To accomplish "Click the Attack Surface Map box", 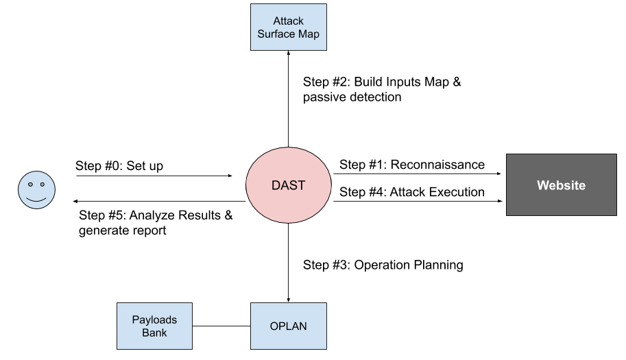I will tap(288, 27).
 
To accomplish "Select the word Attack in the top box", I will tap(288, 21).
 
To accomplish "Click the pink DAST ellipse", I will tap(288, 184).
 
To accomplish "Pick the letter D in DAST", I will tap(276, 185).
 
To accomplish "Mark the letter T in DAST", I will tap(301, 185).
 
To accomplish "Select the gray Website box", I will tap(561, 184).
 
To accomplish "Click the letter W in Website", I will tap(542, 185).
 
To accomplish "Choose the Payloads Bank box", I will tap(154, 326).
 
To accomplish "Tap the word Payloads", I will tap(154, 320).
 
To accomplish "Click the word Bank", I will tap(154, 333).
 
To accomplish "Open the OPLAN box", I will tap(288, 326).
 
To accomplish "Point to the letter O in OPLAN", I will tap(274, 326).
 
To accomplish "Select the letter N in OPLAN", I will tap(303, 326).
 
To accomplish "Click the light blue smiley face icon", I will tap(36, 190).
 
